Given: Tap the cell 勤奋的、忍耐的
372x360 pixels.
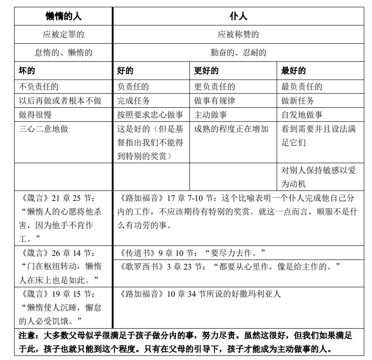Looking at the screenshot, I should pyautogui.click(x=238, y=52).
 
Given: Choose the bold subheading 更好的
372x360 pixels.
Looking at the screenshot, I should pyautogui.click(x=206, y=71).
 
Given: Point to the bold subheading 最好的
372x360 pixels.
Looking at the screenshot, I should pyautogui.click(x=294, y=71).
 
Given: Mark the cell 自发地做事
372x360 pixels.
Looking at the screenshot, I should pyautogui.click(x=302, y=115).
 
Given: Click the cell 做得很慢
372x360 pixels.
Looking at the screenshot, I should pyautogui.click(x=35, y=115).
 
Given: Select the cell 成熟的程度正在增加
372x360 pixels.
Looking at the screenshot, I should pyautogui.click(x=233, y=129).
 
